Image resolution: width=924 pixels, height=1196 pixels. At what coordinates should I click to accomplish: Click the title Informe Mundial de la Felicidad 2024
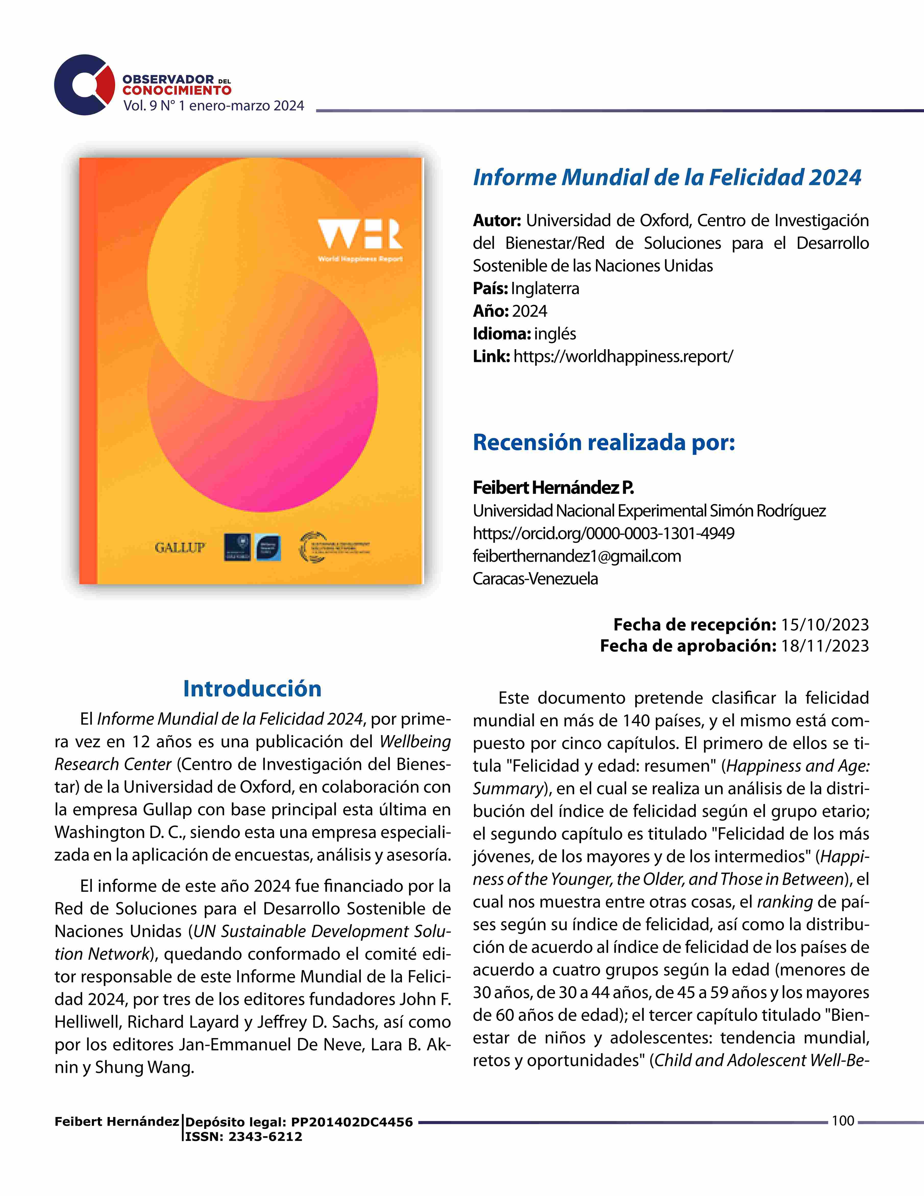[667, 177]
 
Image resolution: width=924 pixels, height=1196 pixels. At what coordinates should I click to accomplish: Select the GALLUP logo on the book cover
[180, 547]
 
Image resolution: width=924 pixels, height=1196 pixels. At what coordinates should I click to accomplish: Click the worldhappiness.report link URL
[623, 357]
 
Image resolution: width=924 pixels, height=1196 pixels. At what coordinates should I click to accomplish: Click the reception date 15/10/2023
[824, 625]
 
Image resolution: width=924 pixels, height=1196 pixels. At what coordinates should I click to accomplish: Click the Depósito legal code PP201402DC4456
[351, 1122]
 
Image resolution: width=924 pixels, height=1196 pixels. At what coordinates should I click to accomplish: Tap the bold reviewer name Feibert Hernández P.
[553, 487]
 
